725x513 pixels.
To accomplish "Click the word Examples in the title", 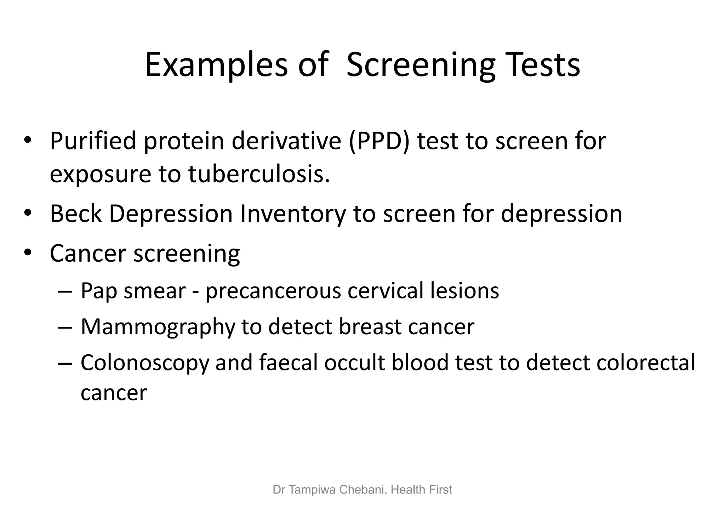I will coord(216,65).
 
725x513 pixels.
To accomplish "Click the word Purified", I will coord(93,141).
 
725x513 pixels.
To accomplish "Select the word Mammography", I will coord(158,327).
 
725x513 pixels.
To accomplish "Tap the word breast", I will coord(370,326).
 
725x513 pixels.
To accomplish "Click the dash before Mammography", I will coord(65,327).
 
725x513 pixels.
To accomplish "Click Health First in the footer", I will coord(421,490).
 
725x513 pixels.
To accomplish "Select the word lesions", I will coord(464,291).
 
